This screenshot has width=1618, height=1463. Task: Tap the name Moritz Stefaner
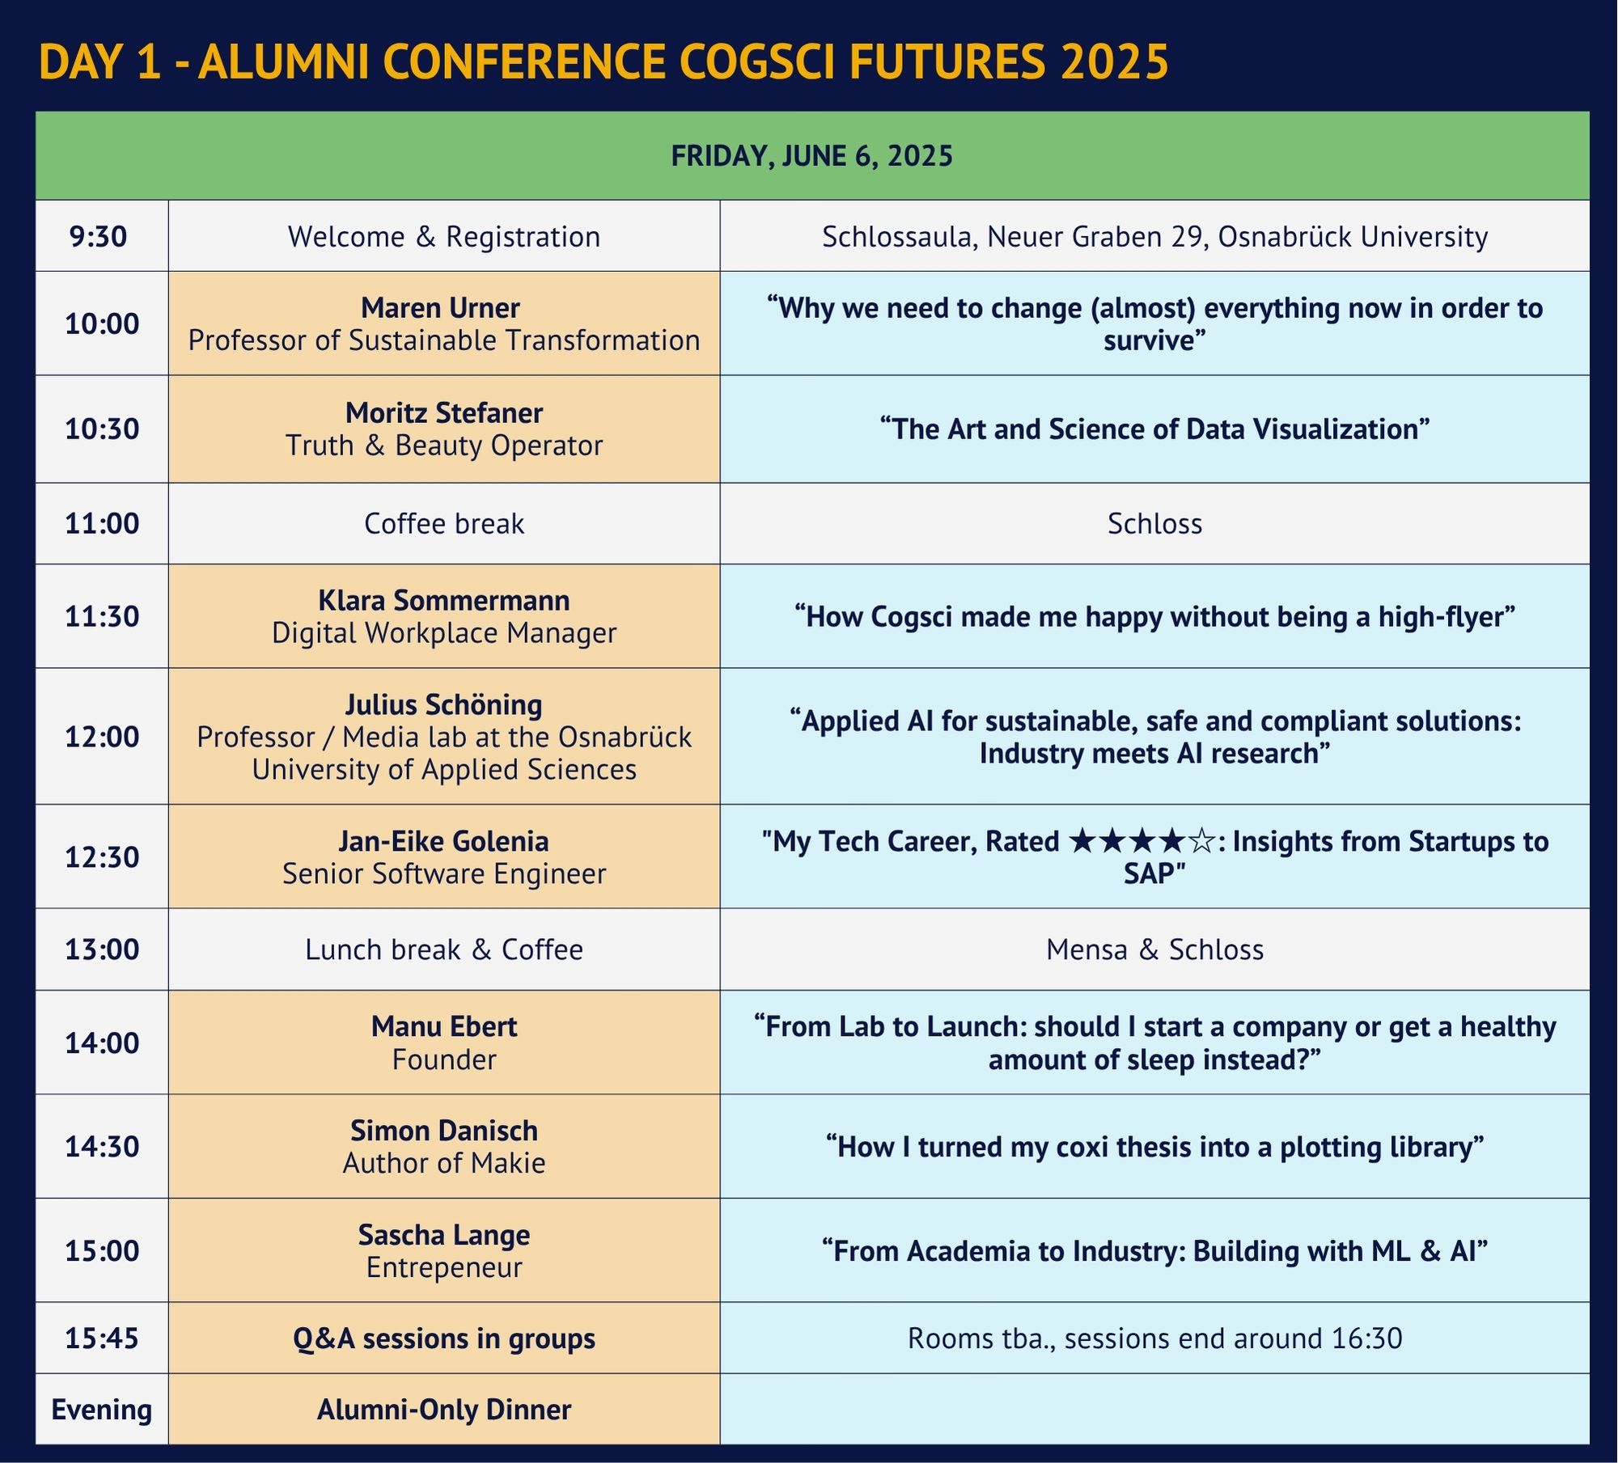443,412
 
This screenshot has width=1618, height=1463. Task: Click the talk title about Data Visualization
1154,429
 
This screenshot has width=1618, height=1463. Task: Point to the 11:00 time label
102,523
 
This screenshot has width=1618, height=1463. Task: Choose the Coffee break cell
443,523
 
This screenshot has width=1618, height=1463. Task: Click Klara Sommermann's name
443,600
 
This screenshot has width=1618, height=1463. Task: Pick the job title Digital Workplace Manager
443,632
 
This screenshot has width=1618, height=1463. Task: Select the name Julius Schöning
443,704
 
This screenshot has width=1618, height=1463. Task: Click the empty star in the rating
1201,841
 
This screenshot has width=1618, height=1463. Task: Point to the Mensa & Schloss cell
1154,949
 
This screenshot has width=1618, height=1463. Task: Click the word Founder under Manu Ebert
443,1059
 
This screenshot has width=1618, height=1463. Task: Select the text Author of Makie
443,1163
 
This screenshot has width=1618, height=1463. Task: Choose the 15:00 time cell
102,1250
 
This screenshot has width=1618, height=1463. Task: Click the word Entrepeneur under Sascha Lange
443,1267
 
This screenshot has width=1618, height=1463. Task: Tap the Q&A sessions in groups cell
443,1338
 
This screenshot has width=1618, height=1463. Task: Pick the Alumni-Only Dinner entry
443,1410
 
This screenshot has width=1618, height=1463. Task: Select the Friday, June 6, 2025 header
812,155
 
